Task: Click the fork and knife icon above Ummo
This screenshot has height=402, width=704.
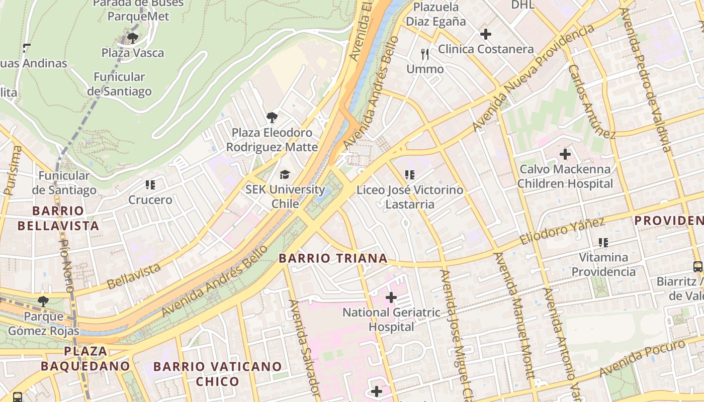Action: [x=425, y=54]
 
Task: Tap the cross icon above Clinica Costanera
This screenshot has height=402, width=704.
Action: [x=486, y=34]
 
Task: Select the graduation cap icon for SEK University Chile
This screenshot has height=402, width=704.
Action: [x=285, y=175]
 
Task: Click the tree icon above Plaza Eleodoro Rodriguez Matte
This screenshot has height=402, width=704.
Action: [x=272, y=118]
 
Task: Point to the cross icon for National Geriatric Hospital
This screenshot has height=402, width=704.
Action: [x=391, y=297]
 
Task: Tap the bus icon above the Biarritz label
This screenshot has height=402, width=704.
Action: [x=697, y=266]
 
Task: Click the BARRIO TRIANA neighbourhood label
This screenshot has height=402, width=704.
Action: [x=333, y=258]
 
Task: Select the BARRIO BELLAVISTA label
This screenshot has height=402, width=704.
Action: [x=58, y=218]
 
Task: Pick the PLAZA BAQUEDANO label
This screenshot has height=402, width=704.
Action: [x=85, y=358]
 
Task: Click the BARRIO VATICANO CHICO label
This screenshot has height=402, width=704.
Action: [x=217, y=373]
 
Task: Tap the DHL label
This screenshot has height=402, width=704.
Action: [x=522, y=5]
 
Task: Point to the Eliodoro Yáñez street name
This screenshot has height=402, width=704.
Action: [x=562, y=232]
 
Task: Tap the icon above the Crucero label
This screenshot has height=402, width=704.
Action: [x=150, y=185]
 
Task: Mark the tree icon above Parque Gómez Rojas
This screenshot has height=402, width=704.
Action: [x=43, y=301]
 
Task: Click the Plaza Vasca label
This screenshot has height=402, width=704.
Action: [x=133, y=53]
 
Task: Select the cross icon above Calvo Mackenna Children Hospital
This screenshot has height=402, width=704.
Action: [x=565, y=154]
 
